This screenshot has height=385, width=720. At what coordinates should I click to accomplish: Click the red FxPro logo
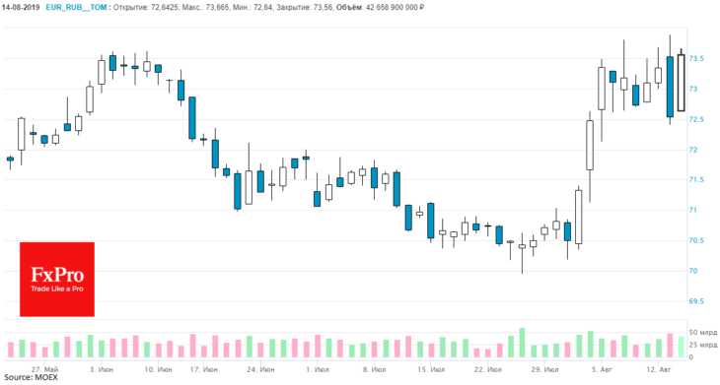coord(57,279)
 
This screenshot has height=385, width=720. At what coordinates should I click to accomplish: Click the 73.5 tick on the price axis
coord(696,59)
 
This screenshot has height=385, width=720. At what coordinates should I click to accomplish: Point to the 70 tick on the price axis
coord(693,271)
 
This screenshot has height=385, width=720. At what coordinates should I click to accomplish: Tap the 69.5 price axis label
coord(696,301)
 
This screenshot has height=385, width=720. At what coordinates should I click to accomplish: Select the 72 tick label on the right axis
coord(693,150)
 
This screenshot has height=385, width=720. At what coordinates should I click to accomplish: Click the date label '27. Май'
coord(45,369)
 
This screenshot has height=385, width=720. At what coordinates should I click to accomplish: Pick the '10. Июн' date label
coord(158,369)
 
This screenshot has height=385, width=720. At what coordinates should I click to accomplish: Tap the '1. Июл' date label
coord(317,369)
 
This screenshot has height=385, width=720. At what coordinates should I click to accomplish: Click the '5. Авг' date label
coord(602,369)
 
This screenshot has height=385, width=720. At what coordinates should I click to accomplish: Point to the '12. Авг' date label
coord(659,369)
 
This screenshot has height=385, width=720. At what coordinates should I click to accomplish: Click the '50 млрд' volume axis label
coord(703,332)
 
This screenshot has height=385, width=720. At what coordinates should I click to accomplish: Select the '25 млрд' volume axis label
coord(703,345)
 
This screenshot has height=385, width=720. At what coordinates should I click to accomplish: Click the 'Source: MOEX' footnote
coord(31,378)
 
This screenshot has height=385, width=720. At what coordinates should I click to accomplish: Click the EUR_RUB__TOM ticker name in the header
coord(76,7)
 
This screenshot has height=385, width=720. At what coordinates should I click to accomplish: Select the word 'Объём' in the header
coord(349,7)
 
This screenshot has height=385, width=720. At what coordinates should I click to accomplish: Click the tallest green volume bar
coord(522,343)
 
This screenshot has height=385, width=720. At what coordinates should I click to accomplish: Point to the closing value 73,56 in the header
coord(324,7)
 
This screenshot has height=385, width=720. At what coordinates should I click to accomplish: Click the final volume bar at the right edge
coord(681,347)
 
